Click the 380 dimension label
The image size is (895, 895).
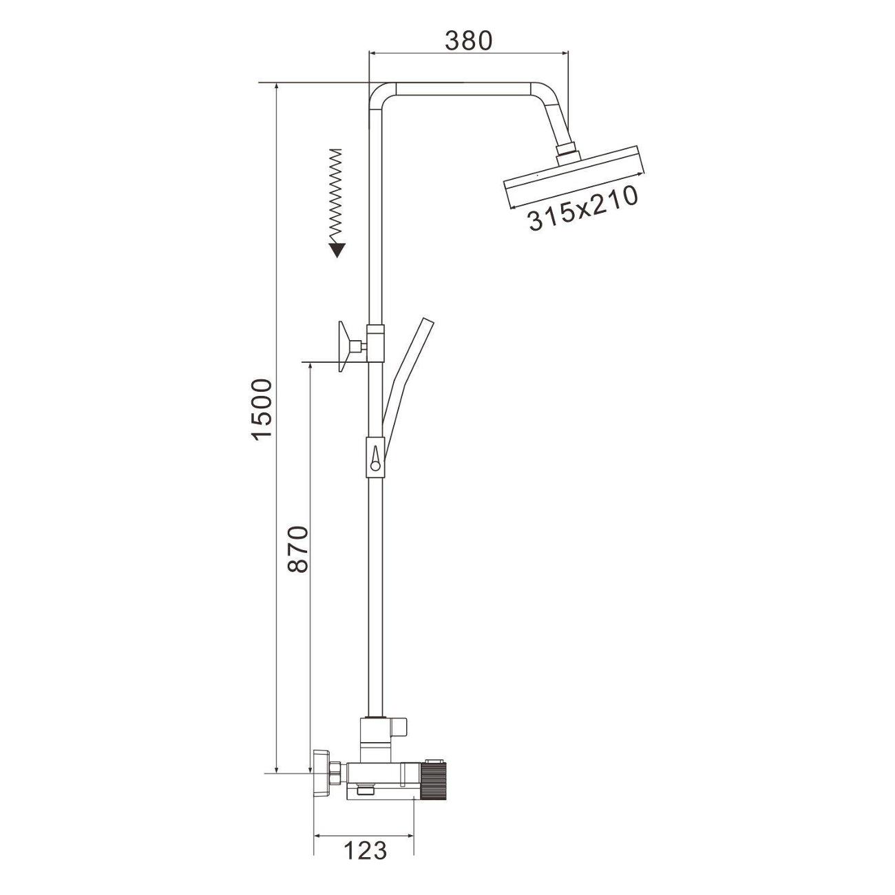(467, 41)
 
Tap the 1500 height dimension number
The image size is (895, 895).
(260, 409)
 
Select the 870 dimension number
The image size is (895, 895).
(297, 549)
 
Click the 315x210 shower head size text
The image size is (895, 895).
(583, 209)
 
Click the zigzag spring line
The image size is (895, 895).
(335, 196)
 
